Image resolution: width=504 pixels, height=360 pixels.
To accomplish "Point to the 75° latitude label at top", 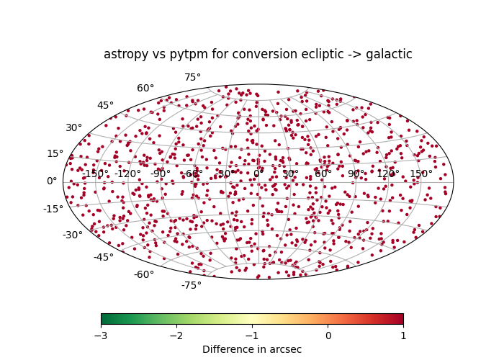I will pyautogui.click(x=192, y=78).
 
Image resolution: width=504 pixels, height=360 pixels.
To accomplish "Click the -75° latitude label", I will pyautogui.click(x=191, y=286).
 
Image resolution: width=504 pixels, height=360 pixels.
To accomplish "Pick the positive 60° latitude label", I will pyautogui.click(x=145, y=89).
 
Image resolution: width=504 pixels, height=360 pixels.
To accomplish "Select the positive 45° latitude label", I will pyautogui.click(x=105, y=106).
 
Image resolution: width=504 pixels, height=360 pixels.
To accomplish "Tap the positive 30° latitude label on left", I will pyautogui.click(x=73, y=128).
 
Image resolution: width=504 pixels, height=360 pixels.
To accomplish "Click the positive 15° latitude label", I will pyautogui.click(x=55, y=153).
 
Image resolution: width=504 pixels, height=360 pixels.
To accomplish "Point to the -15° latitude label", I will pyautogui.click(x=54, y=210).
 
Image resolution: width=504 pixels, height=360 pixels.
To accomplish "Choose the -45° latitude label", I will pyautogui.click(x=103, y=258).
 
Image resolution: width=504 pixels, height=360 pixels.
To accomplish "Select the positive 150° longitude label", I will pyautogui.click(x=421, y=174).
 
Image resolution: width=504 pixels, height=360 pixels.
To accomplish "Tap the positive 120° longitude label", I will pyautogui.click(x=388, y=174).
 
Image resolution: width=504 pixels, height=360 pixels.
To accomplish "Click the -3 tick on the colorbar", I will pyautogui.click(x=101, y=336).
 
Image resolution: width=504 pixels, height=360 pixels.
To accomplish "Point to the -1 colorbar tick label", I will pyautogui.click(x=252, y=336).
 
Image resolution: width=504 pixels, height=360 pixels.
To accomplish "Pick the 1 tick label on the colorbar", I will pyautogui.click(x=403, y=336).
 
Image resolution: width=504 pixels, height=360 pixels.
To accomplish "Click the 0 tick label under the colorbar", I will pyautogui.click(x=328, y=336).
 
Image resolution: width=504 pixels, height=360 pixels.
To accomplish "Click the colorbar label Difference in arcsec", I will pyautogui.click(x=252, y=349).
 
